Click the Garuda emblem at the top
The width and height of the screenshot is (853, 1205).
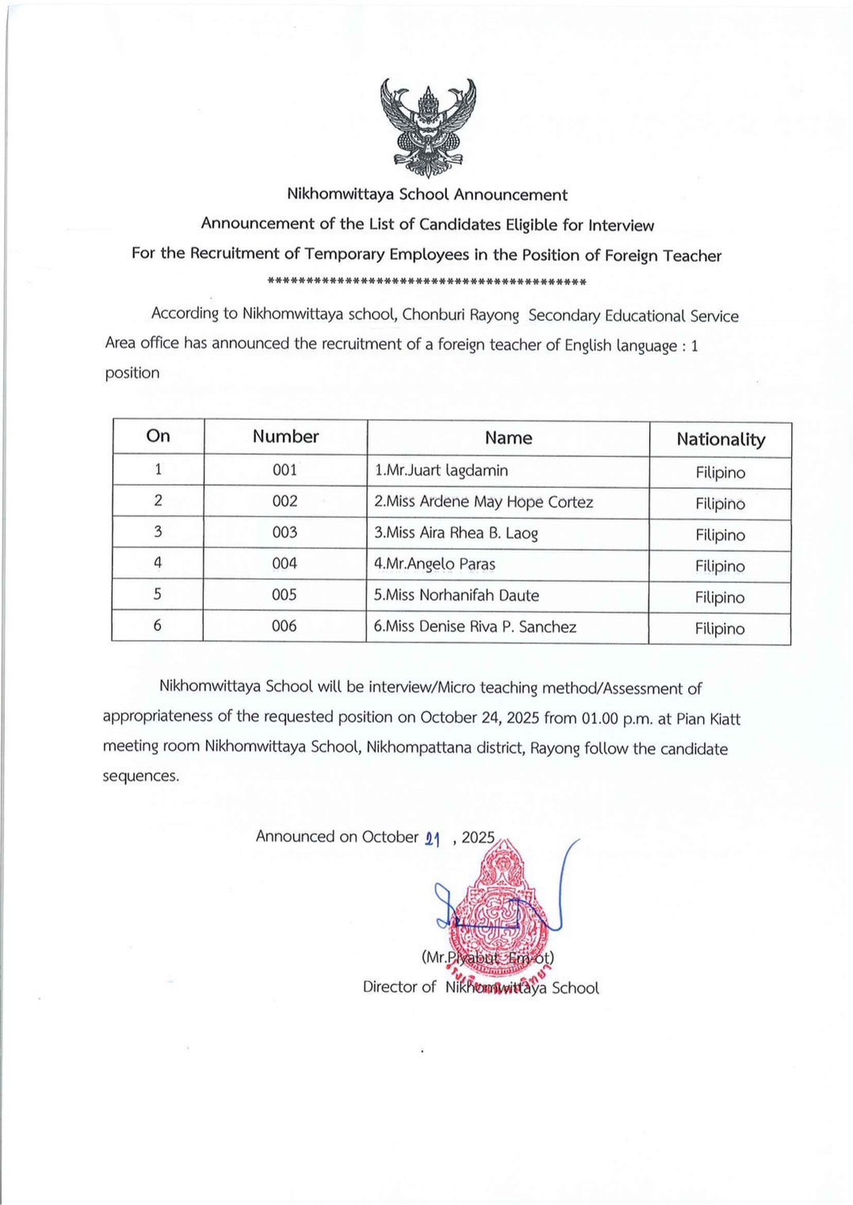coord(428,127)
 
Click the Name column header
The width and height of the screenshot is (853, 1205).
coord(508,438)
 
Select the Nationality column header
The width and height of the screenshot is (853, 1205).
coord(721,440)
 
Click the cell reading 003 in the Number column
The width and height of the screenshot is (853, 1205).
coord(285,532)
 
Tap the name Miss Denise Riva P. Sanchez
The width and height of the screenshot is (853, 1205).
coord(475,627)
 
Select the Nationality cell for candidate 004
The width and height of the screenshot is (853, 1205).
coord(720,566)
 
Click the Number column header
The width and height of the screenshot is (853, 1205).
coord(285,437)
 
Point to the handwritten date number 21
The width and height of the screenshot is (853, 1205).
coord(433,839)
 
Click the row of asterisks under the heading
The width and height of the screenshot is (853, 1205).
coord(426,281)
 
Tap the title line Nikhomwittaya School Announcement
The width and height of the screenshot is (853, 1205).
coord(426,195)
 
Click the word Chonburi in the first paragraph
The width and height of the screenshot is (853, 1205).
coord(433,315)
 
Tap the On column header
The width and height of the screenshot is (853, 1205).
coord(159,436)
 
